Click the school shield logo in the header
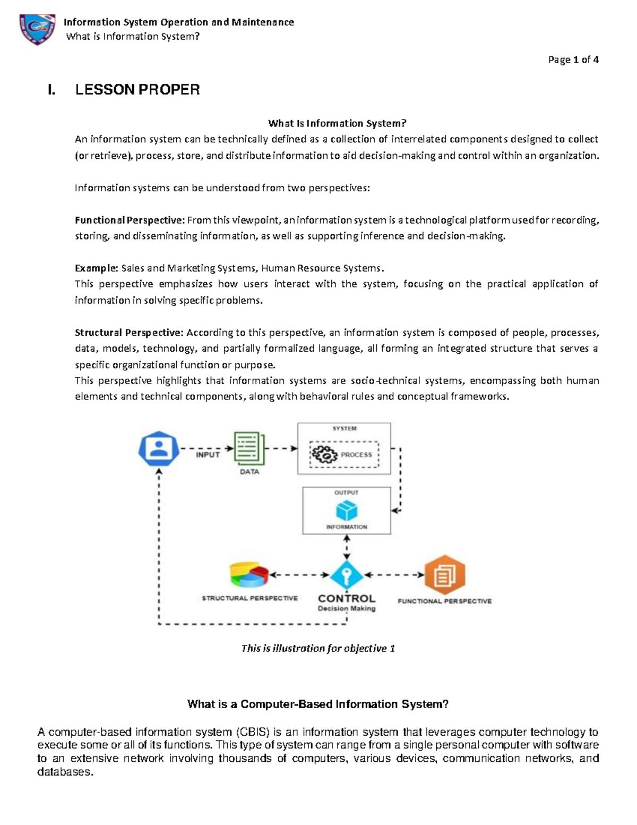click(x=37, y=29)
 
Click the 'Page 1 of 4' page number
click(x=573, y=59)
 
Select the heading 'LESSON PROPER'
click(x=137, y=90)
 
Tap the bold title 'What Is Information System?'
click(x=337, y=123)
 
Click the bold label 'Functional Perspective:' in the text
click(x=130, y=220)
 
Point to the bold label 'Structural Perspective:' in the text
click(x=129, y=333)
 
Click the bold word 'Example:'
click(x=97, y=268)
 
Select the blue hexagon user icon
click(x=158, y=449)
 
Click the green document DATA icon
click(x=249, y=448)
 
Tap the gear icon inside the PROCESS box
click(x=324, y=455)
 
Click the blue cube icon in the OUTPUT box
click(x=347, y=511)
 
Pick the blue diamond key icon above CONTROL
click(x=347, y=575)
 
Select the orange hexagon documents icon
click(x=445, y=575)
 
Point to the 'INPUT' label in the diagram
click(x=208, y=455)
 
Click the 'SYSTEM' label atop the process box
click(x=345, y=428)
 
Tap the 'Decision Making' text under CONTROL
click(x=347, y=609)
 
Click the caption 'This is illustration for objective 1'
click(x=318, y=648)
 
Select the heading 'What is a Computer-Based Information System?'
click(x=318, y=704)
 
